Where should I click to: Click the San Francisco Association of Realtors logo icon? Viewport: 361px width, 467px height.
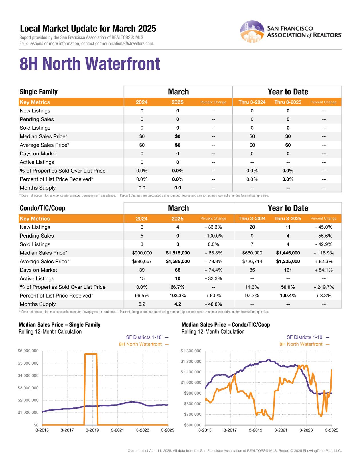pyautogui.click(x=252, y=31)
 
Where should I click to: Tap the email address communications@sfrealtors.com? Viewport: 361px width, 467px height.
pyautogui.click(x=125, y=43)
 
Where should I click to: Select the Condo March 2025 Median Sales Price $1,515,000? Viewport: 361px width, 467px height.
pyautogui.click(x=177, y=253)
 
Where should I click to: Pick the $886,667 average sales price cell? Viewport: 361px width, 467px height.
pyautogui.click(x=142, y=261)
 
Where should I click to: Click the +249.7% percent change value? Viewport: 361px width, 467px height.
pyautogui.click(x=323, y=287)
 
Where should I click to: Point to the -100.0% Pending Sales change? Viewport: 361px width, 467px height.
pyautogui.click(x=213, y=236)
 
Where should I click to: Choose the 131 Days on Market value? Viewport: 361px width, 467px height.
pyautogui.click(x=288, y=270)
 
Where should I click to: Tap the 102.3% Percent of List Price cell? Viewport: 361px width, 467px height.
pyautogui.click(x=177, y=296)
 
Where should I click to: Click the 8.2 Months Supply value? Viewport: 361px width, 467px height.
pyautogui.click(x=142, y=304)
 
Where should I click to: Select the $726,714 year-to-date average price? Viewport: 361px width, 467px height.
pyautogui.click(x=252, y=261)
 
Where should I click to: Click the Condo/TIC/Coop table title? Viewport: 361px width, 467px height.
pyautogui.click(x=42, y=208)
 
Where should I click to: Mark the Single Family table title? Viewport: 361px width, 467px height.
pyautogui.click(x=39, y=92)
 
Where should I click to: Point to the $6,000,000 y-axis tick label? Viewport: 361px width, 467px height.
pyautogui.click(x=28, y=351)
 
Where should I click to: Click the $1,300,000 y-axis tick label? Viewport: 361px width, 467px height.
pyautogui.click(x=191, y=351)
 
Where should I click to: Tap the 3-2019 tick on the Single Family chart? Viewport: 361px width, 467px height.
pyautogui.click(x=92, y=430)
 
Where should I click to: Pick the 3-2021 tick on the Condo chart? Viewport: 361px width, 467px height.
pyautogui.click(x=281, y=430)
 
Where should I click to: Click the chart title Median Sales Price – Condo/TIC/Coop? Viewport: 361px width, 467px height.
pyautogui.click(x=226, y=325)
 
